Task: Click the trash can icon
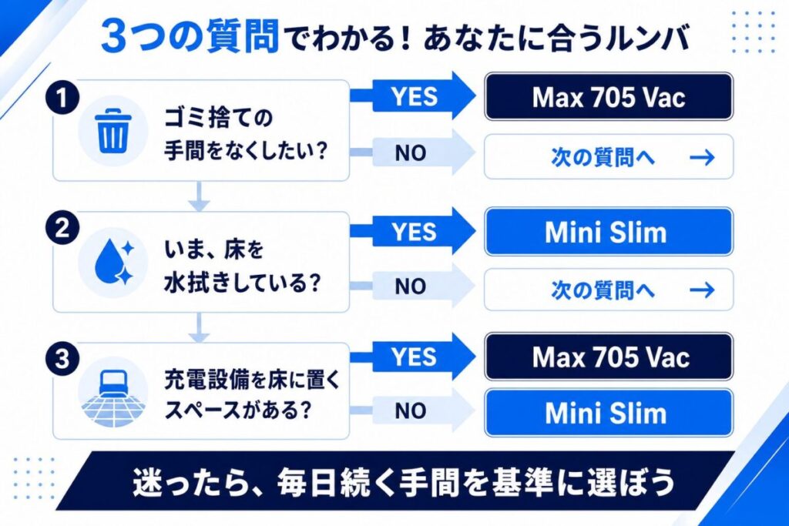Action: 112,132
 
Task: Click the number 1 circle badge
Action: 62,98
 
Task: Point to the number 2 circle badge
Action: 62,228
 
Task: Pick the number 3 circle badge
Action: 62,359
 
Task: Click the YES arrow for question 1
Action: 413,95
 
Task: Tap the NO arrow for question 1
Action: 413,152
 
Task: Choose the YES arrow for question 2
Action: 413,231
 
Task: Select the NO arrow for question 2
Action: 413,286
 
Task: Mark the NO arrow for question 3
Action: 413,410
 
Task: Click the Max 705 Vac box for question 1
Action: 609,96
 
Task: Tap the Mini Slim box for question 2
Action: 609,232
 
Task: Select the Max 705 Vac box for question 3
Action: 609,357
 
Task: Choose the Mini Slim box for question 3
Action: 609,413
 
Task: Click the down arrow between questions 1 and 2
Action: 200,196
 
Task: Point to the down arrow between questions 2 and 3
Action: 200,328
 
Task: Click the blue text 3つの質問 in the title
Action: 190,36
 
